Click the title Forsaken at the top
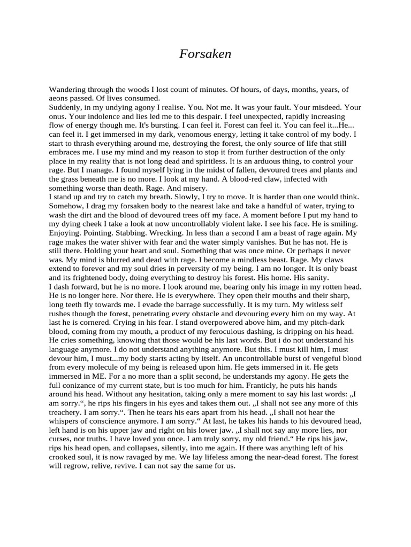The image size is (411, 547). (x=205, y=54)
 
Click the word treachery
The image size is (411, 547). (x=68, y=411)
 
